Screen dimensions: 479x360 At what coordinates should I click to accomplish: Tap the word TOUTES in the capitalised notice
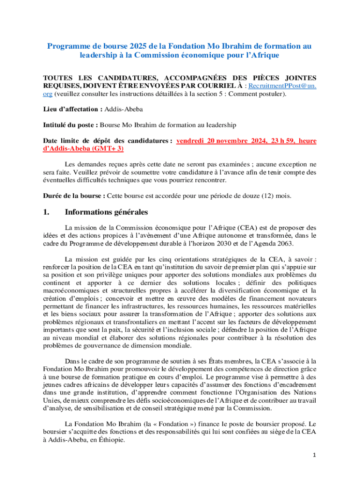(58, 78)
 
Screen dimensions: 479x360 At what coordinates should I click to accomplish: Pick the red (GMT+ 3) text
(109, 149)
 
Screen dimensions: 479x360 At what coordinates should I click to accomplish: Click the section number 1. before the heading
(46, 212)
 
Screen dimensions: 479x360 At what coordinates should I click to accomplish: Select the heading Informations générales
(107, 212)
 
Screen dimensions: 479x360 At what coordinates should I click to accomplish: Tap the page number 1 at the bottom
(315, 455)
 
